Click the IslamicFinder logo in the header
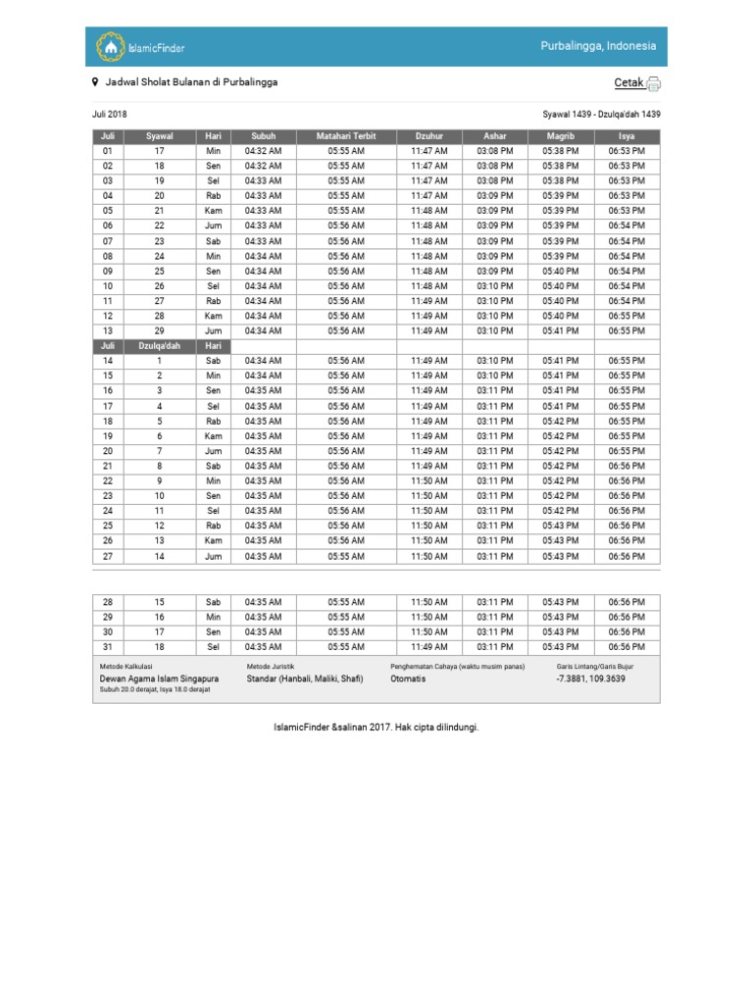click(x=139, y=47)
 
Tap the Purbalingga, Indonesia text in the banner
click(x=598, y=47)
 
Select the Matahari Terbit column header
click(x=346, y=136)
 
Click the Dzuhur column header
click(x=428, y=136)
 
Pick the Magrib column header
click(x=560, y=136)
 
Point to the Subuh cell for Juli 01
click(x=263, y=151)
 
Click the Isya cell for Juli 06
click(x=626, y=226)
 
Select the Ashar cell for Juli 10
click(x=494, y=286)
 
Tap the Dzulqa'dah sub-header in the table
click(x=159, y=346)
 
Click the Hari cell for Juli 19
click(x=213, y=436)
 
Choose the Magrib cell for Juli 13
click(x=560, y=331)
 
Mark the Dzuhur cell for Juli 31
click(x=428, y=647)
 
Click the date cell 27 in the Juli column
click(x=108, y=557)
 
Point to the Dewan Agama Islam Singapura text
click(x=159, y=678)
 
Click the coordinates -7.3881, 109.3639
click(x=590, y=678)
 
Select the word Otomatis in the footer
click(x=408, y=678)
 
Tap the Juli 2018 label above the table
click(x=110, y=115)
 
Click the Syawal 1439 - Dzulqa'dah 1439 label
click(x=601, y=115)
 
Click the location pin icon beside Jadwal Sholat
click(x=95, y=82)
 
